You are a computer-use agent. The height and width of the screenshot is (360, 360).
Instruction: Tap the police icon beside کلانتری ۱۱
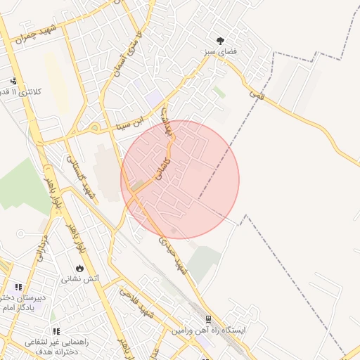click(x=13, y=81)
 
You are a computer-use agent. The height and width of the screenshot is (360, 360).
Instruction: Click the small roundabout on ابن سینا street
click(x=94, y=128)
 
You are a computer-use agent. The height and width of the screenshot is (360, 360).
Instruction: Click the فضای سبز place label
click(x=219, y=52)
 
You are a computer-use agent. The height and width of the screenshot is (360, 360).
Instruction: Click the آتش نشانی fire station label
click(x=81, y=278)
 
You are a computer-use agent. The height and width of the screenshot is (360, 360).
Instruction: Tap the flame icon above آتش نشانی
click(x=79, y=268)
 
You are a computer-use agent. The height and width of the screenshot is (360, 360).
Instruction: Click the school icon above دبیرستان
click(x=18, y=287)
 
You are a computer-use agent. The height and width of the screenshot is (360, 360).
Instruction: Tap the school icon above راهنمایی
click(x=56, y=331)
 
